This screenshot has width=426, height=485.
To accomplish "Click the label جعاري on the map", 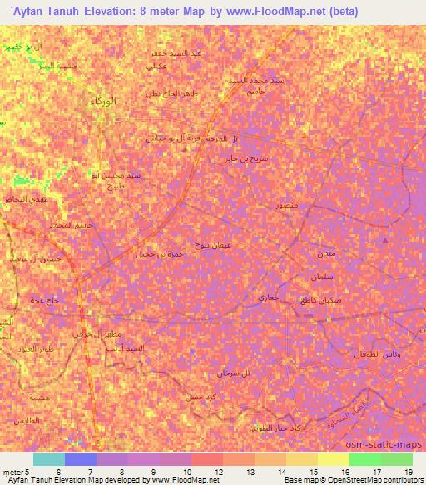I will (x=267, y=297).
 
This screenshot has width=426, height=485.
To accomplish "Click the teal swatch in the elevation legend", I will (x=48, y=459).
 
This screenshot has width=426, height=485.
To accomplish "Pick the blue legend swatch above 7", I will (x=80, y=459).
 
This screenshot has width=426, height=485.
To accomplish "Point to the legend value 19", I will (x=407, y=472).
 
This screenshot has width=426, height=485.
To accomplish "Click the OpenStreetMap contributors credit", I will (x=365, y=480).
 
